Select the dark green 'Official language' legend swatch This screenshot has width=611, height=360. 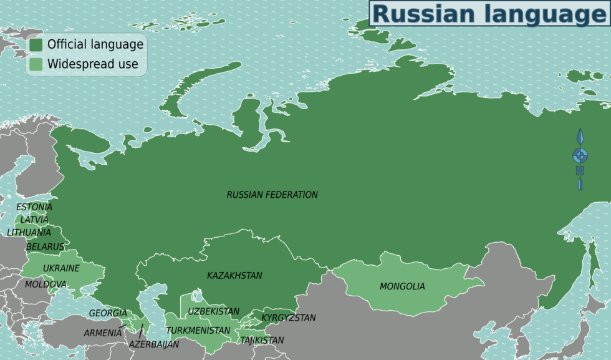pos(36,44)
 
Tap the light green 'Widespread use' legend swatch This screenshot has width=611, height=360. pos(36,64)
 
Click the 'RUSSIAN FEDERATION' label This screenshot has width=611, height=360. pos(272,195)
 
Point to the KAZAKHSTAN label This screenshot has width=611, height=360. pos(234,275)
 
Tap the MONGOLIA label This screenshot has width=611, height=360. pos(402,286)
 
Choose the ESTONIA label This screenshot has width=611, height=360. pos(34,207)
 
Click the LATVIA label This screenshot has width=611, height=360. pos(34,220)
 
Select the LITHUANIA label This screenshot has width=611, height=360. pos(29,232)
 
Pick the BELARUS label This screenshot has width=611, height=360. pos(45,246)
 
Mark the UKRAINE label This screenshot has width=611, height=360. pos(61,268)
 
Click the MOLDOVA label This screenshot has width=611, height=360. pos(46,285)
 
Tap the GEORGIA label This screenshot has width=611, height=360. pos(108,313)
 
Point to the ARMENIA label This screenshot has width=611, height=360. pos(103,333)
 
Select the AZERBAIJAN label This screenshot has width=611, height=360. pos(154,344)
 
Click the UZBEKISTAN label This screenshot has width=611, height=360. pos(214,311)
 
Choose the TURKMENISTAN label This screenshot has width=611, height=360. pos(198,330)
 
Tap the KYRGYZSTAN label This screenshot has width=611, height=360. pos(288,318)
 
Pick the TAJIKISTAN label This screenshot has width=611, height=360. pos(262,340)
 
